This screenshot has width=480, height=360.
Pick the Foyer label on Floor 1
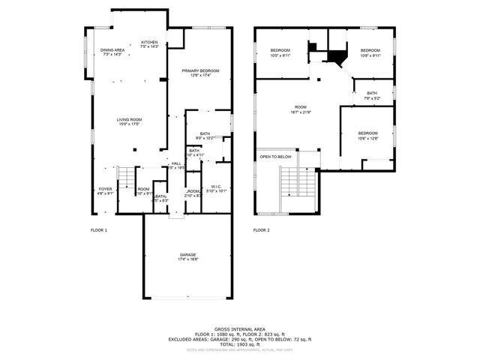[x=105, y=190]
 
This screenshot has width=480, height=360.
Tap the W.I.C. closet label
[x=215, y=188]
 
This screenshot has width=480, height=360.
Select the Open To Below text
[x=276, y=157]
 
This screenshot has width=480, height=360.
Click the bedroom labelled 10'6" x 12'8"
[x=367, y=136]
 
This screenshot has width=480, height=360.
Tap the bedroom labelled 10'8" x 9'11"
[x=370, y=52]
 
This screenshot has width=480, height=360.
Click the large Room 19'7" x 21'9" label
[x=301, y=109]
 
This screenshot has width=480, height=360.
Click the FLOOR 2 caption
[x=261, y=229]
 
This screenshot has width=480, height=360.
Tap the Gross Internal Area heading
[x=240, y=328]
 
